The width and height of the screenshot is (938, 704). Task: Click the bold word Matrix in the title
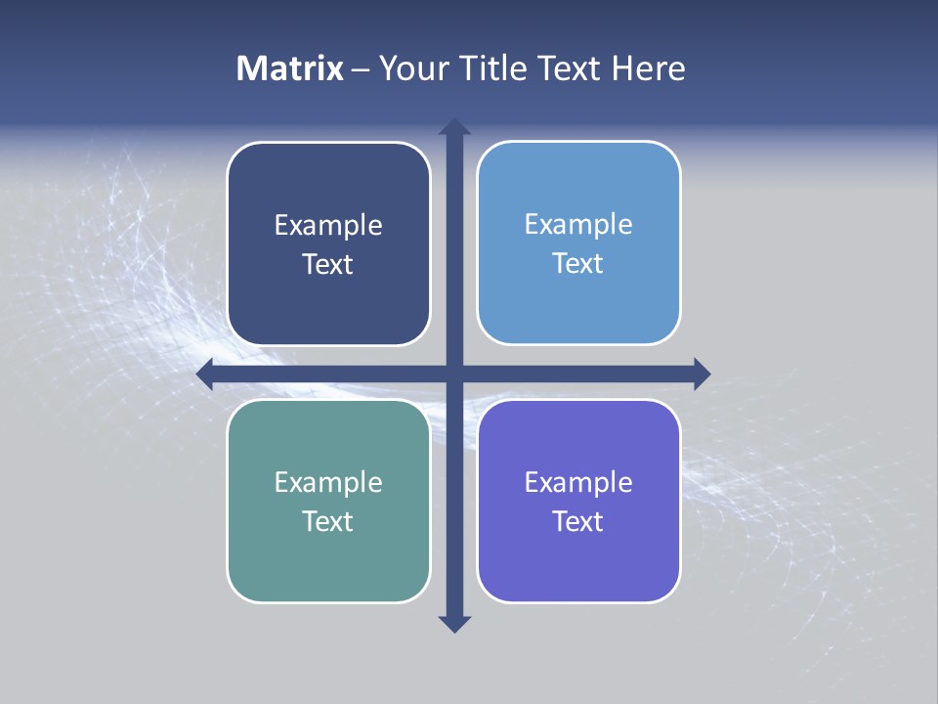coord(290,68)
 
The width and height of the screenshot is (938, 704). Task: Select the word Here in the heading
coord(648,68)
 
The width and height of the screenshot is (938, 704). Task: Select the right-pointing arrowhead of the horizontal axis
coord(702,374)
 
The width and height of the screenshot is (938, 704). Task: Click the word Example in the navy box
coord(328,226)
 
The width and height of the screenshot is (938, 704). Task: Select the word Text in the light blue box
coord(578,264)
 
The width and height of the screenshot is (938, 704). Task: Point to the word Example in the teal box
coord(328,482)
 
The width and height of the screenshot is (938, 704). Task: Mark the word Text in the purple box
coord(578,521)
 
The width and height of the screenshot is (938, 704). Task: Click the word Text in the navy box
coord(328,265)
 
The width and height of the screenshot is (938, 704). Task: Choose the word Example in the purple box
coord(578,482)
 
